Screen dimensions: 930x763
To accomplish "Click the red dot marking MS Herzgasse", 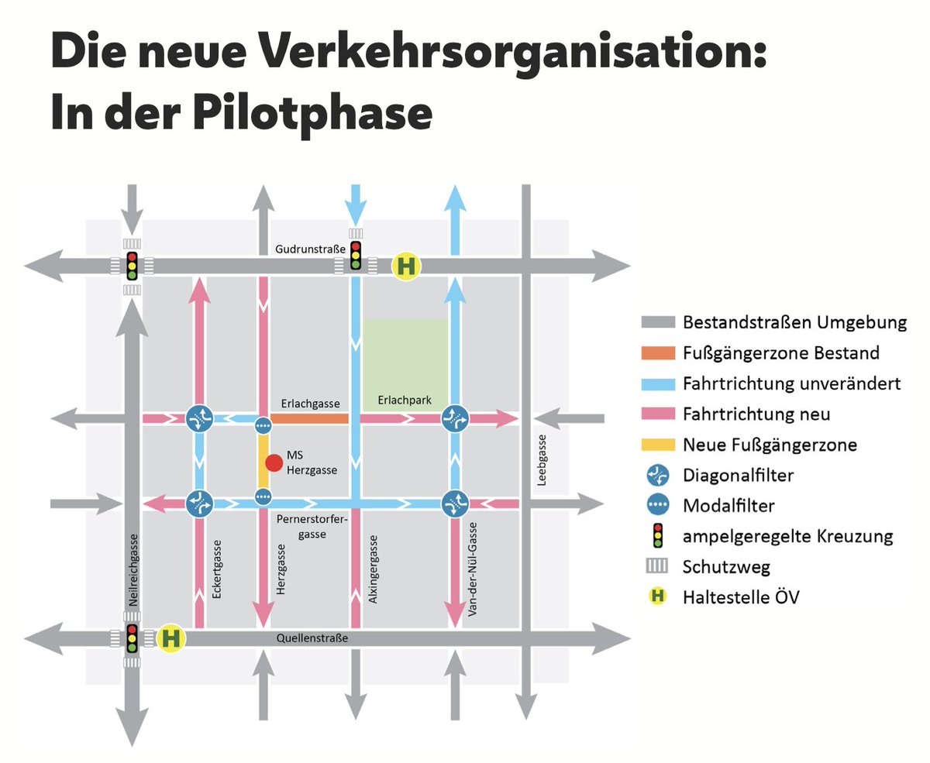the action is coord(274,462).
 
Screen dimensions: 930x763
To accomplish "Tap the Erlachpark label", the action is coord(405,400).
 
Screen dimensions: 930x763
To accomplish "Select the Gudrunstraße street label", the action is coord(310,249).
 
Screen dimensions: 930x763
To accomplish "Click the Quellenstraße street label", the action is coord(312,638).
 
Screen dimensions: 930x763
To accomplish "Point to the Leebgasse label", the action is coord(542,460).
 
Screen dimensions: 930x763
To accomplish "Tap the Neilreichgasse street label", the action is coord(133,570).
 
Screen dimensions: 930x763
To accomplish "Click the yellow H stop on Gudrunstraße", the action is coord(406,266).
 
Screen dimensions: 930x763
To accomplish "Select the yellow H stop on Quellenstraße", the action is coord(170,638).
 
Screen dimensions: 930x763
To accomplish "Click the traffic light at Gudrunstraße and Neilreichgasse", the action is coord(132,266).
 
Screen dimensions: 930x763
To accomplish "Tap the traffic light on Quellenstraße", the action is coord(132,638).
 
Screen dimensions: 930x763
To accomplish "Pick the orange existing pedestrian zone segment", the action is coord(309,418).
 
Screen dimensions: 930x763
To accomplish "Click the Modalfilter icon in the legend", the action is coord(657,505).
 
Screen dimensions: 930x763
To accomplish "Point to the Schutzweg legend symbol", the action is coord(657,566).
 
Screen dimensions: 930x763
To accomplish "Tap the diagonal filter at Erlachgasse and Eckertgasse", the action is coord(199,418).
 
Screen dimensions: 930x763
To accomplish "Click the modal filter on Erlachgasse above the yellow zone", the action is coord(263,425).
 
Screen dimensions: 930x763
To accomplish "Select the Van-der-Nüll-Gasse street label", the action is coord(472,569).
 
